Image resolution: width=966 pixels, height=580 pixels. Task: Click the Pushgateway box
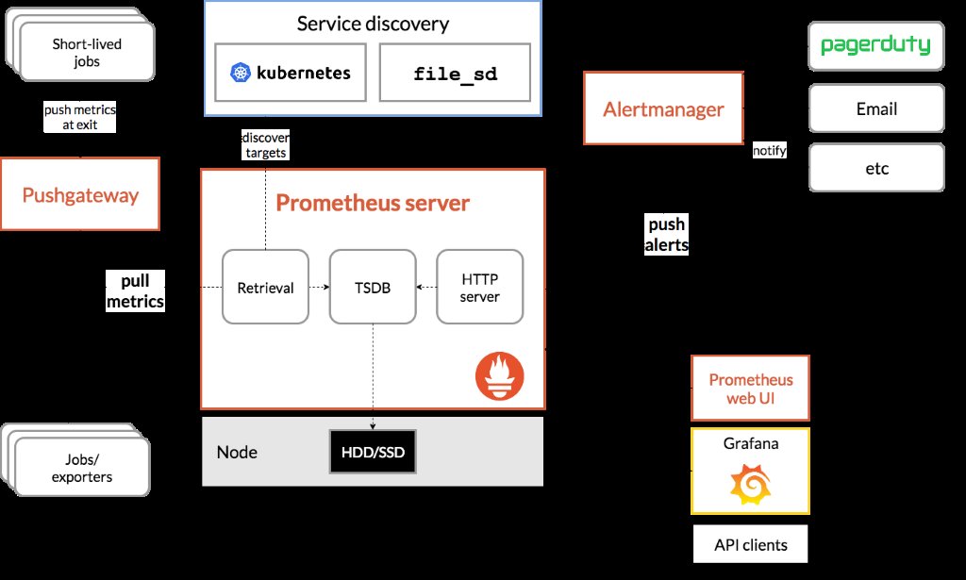tap(80, 194)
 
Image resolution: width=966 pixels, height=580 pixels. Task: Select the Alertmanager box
tap(663, 108)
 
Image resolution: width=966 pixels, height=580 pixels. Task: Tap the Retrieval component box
tap(265, 288)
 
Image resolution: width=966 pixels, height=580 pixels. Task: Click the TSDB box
tap(373, 288)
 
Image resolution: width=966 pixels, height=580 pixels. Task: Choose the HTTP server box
tap(480, 288)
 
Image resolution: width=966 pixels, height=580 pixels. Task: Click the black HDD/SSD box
tap(373, 453)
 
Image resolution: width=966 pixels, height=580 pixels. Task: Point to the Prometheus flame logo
tap(499, 376)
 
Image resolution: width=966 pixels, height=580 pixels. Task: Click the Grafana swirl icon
tap(750, 485)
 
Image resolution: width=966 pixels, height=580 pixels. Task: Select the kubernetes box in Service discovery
tap(290, 72)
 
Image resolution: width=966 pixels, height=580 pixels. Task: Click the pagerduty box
tap(875, 45)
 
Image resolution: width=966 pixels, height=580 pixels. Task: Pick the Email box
tap(875, 108)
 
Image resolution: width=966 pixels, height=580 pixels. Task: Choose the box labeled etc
tap(875, 169)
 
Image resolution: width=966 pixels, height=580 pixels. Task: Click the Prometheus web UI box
tap(751, 388)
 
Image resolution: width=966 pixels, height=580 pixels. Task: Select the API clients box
tap(751, 544)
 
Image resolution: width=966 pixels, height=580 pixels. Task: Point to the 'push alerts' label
tap(666, 235)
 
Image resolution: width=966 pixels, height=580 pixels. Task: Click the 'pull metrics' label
tap(135, 291)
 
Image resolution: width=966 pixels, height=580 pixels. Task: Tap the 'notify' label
tap(770, 151)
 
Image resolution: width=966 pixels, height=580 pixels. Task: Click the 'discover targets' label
tap(265, 144)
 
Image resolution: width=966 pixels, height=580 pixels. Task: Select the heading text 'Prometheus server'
tap(372, 203)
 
